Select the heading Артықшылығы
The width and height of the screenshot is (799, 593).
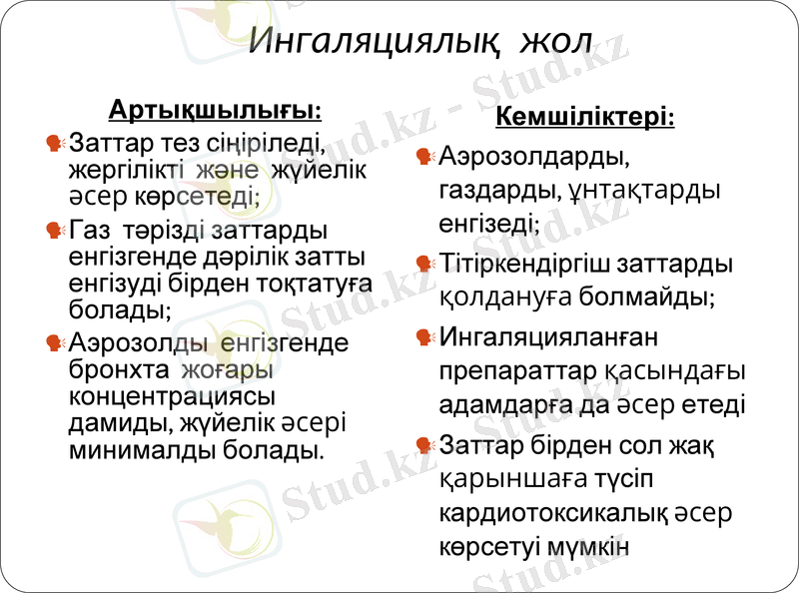tap(215, 108)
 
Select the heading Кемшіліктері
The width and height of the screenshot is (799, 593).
tap(585, 119)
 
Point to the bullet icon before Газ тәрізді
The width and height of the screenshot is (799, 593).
tap(56, 232)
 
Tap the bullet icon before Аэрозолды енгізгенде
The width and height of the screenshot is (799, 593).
tap(56, 343)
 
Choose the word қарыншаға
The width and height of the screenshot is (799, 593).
tap(505, 478)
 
